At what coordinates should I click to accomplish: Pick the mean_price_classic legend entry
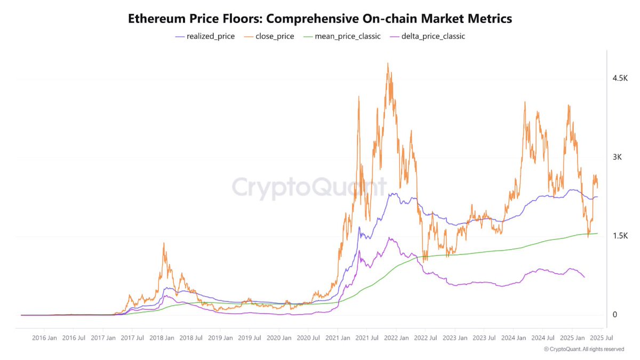(x=342, y=37)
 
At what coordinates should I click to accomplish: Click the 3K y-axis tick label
(x=618, y=157)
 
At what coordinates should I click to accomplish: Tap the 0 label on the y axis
(x=615, y=315)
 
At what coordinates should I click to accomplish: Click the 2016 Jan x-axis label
(x=45, y=338)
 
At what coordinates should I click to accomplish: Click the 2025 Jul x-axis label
(x=601, y=338)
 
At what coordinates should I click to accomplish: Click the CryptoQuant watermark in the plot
(x=309, y=188)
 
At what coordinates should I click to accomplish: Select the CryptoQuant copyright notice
(x=584, y=349)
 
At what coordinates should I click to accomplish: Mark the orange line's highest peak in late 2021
(x=388, y=63)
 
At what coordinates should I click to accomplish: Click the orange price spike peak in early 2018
(x=163, y=243)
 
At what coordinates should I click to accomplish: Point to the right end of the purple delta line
(x=585, y=277)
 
